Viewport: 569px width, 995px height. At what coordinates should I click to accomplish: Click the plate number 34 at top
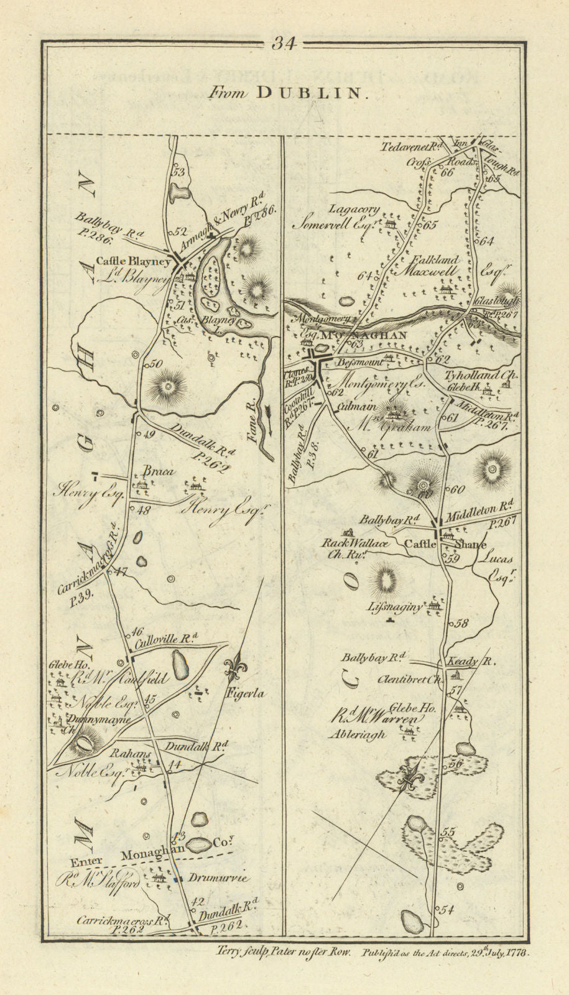point(285,44)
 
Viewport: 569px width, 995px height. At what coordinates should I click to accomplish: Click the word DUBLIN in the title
point(308,93)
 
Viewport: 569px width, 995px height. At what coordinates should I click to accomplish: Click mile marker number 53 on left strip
point(180,173)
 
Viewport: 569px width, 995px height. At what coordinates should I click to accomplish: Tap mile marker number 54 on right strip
point(447,910)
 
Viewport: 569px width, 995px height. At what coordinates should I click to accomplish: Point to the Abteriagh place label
point(358,734)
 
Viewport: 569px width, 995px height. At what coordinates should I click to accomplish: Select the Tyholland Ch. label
point(489,375)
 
